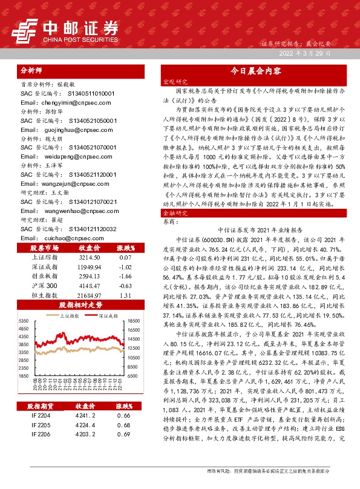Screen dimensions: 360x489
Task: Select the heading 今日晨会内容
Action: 256,71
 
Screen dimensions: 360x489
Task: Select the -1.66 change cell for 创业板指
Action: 125,275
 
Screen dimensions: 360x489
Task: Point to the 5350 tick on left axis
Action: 24,321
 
